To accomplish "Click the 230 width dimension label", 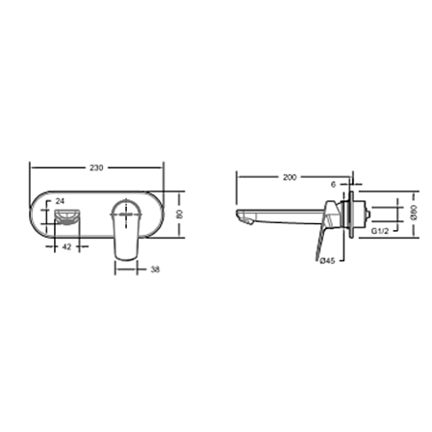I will [96, 166].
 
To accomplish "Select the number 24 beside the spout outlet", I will [62, 201].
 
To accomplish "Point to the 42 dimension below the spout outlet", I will [65, 247].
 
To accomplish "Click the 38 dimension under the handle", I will [155, 270].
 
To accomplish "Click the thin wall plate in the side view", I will [352, 216].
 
